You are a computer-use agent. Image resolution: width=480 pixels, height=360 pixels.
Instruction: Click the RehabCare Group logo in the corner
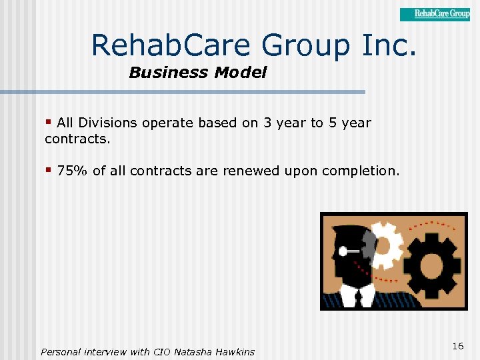435,14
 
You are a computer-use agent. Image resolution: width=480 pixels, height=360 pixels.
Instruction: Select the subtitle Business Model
197,73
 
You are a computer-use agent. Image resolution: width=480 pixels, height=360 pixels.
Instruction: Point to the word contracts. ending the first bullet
77,139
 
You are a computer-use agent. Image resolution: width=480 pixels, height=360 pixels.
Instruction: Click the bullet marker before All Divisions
49,123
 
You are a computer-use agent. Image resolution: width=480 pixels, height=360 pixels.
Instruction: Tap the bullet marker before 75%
49,171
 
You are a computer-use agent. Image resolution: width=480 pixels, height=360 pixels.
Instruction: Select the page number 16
457,346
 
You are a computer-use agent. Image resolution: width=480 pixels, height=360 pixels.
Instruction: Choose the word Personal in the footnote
62,351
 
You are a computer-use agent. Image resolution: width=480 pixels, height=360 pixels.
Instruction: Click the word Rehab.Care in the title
173,45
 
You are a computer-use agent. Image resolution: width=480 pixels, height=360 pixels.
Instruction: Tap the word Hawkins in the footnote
235,351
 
